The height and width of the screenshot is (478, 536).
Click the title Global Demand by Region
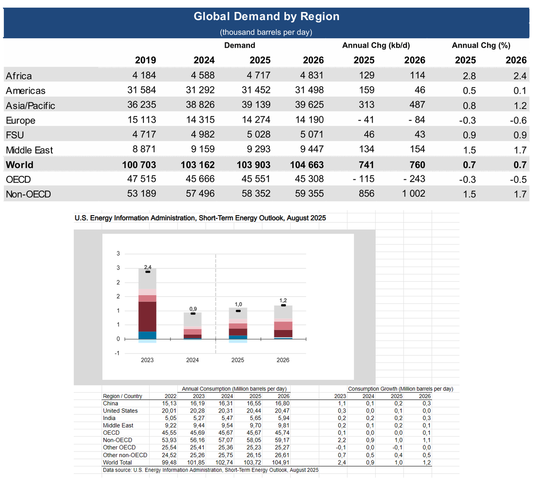pos(266,17)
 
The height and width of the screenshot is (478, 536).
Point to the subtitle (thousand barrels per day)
pos(266,32)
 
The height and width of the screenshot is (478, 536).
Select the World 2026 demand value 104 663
pos(307,165)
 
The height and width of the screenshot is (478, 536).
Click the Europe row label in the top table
pos(21,121)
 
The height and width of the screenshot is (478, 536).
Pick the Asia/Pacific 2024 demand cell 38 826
pos(200,105)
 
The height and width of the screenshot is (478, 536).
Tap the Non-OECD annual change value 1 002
pos(414,194)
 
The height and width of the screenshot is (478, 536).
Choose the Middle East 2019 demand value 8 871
pos(142,149)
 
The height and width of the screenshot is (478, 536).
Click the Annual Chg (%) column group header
pos(481,45)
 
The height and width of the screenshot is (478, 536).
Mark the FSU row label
pos(15,135)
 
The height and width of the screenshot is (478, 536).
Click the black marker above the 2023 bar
pos(147,272)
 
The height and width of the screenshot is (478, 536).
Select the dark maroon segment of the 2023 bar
pos(147,316)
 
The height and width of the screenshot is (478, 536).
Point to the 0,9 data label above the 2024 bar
pos(193,309)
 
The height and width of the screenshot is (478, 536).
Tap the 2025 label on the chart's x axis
pos(238,360)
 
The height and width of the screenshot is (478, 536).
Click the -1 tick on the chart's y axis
pos(117,353)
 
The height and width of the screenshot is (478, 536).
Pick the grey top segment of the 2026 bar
pos(283,312)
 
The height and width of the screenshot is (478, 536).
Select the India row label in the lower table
pos(109,418)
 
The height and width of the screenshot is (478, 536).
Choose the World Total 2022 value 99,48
pos(169,462)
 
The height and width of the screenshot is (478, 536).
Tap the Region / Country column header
pos(122,396)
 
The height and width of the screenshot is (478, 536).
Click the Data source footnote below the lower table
pos(211,470)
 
